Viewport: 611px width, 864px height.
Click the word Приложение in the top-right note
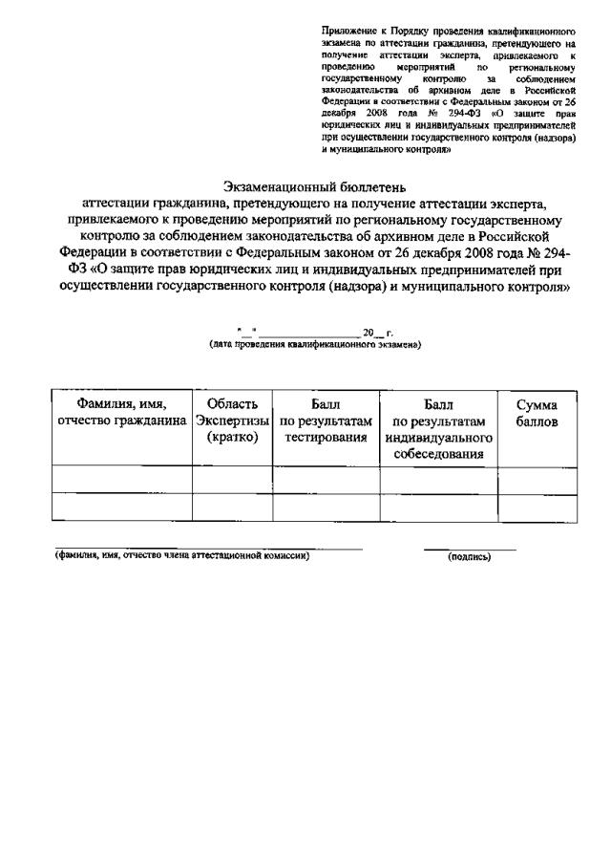[344, 32]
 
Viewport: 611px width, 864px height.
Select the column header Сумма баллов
[537, 414]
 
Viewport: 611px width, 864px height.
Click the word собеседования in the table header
[438, 453]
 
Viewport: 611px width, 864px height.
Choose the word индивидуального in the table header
[438, 437]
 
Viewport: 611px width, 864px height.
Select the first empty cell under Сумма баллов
[537, 480]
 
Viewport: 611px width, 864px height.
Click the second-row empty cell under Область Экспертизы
[232, 508]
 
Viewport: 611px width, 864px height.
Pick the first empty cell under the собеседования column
[438, 480]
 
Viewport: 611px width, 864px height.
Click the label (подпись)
[470, 557]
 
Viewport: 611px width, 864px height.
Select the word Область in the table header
[232, 405]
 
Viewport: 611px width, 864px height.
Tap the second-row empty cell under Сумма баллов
[537, 508]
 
